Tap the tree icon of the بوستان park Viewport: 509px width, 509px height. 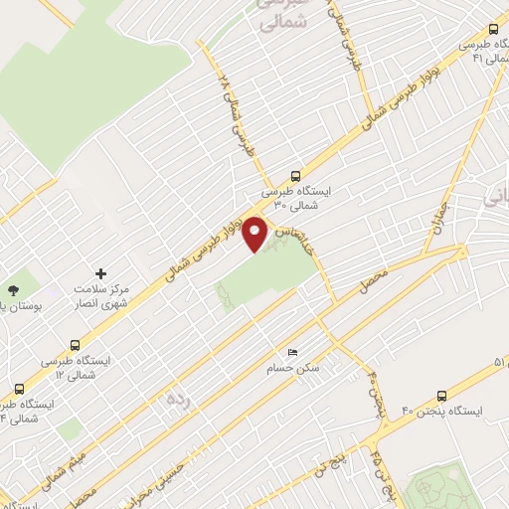(x=13, y=289)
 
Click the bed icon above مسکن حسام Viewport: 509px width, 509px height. (x=292, y=353)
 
